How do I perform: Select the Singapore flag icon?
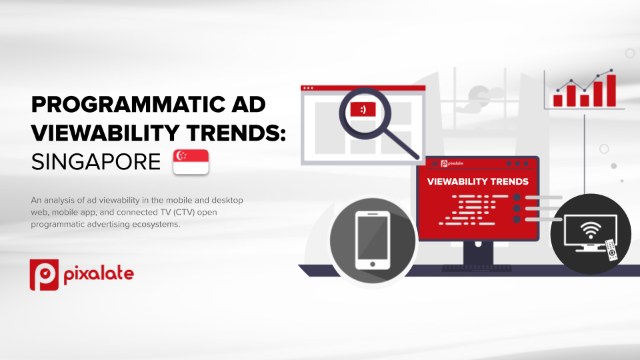pos(191,161)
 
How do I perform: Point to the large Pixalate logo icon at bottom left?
pos(44,275)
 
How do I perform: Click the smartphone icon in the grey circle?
pos(373,241)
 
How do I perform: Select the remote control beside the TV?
pos(611,249)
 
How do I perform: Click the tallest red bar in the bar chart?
pos(611,91)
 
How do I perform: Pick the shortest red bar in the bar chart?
pos(584,100)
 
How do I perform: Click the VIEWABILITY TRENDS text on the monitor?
pos(477,181)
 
